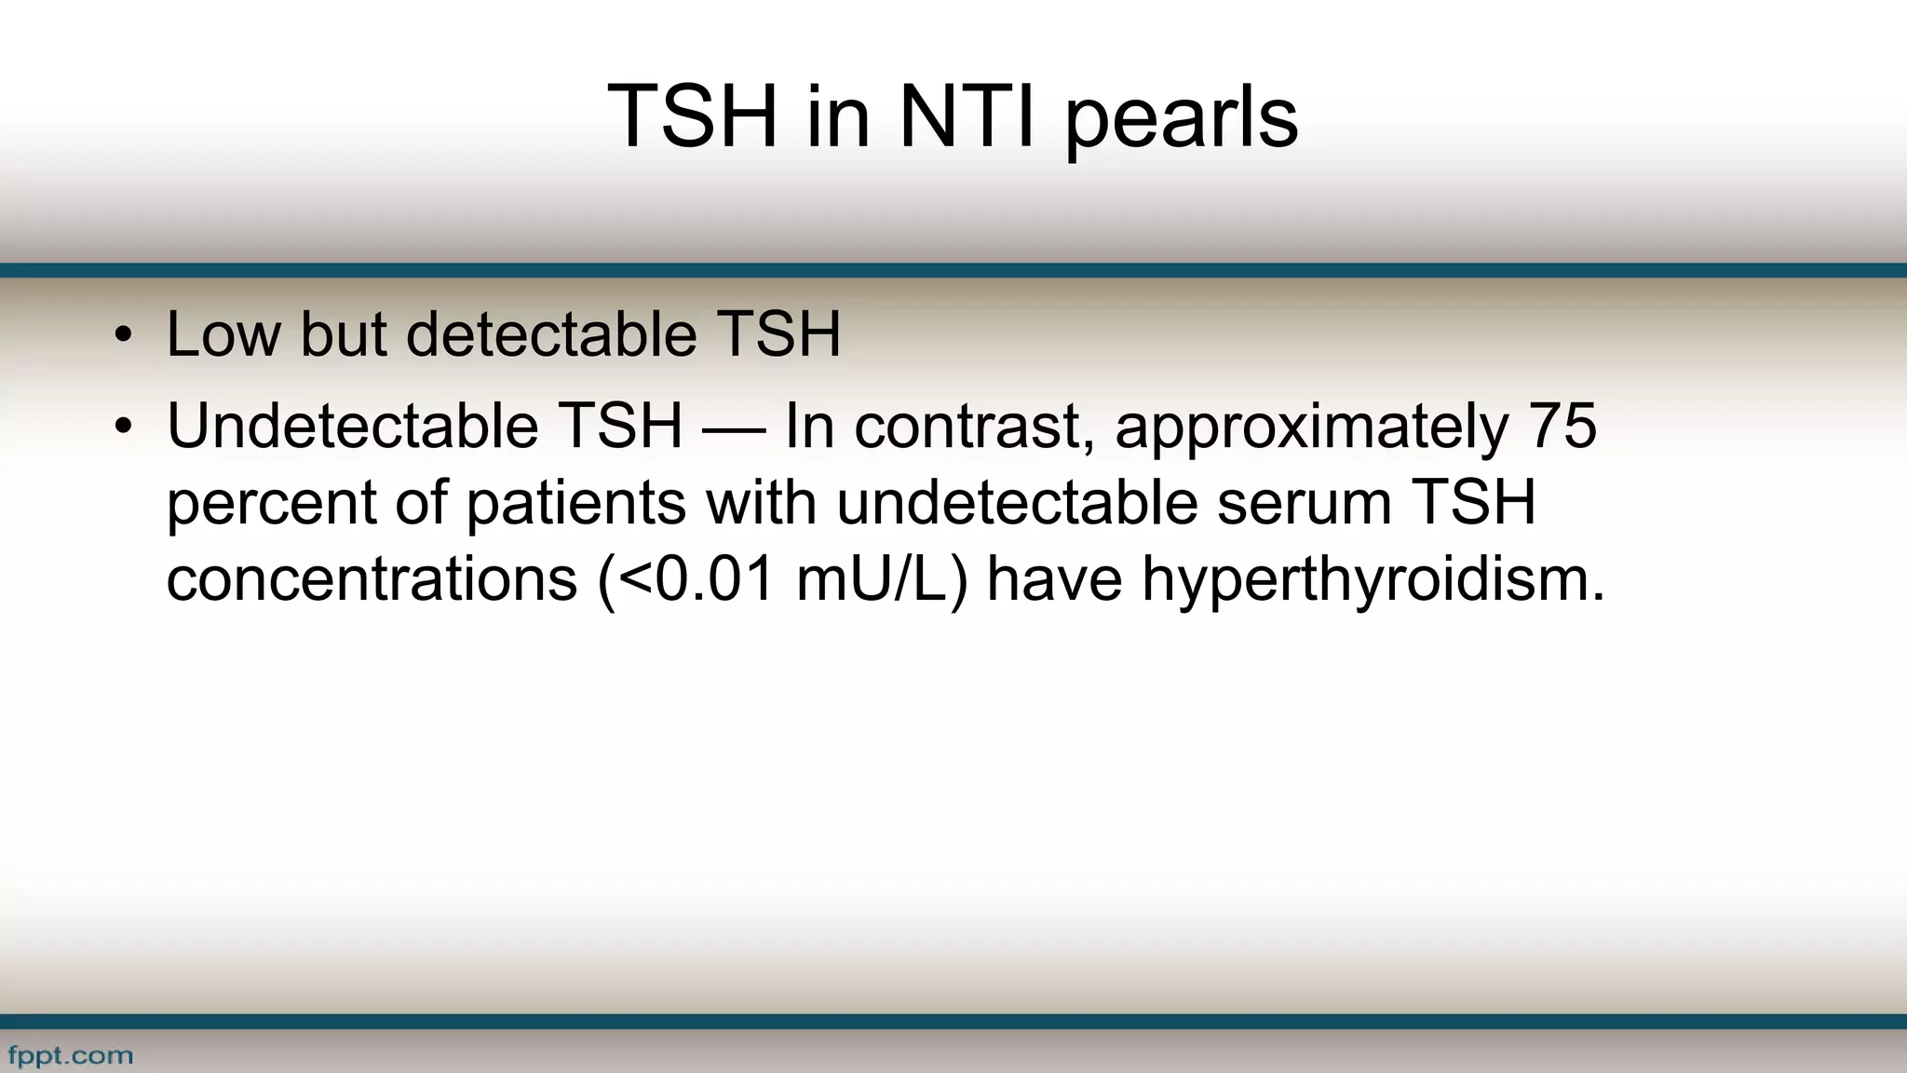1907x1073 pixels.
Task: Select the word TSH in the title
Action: pos(692,117)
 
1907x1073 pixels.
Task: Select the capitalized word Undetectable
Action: pos(352,427)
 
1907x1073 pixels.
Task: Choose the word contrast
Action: pos(974,427)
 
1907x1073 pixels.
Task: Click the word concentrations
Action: pos(372,579)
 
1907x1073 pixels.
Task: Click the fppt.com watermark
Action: pos(71,1056)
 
